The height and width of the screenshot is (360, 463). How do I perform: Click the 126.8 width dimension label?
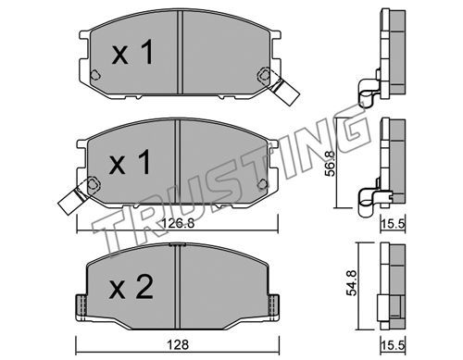coord(178,223)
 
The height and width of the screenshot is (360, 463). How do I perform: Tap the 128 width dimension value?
coord(178,344)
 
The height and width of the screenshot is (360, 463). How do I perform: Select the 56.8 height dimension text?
coord(330,164)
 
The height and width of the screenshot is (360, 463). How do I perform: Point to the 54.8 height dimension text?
coord(351,282)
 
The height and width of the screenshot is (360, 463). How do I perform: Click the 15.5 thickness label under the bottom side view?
coord(393,345)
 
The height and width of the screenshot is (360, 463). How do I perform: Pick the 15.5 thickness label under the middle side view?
coord(393,224)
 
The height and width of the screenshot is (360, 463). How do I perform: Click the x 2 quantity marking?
coord(131,288)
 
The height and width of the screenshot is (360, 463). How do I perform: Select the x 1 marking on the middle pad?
coord(130,162)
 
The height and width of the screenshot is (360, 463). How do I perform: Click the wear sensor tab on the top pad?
coord(283,91)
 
